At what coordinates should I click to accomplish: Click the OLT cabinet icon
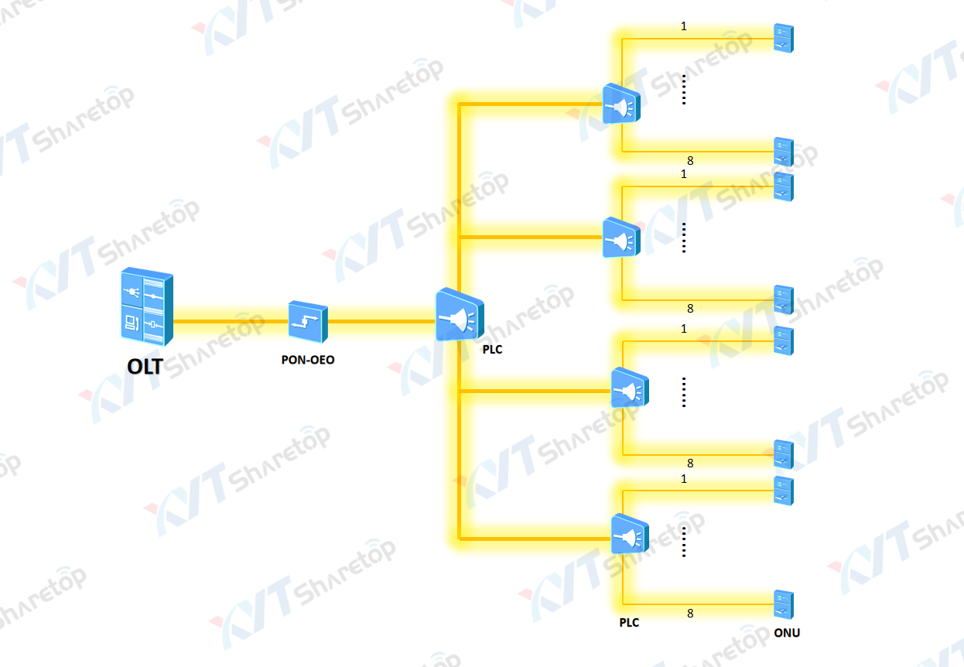coord(146,306)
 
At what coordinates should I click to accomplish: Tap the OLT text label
coord(145,366)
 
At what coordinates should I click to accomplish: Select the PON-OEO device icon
coord(308,320)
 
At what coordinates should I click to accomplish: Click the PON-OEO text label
coord(308,360)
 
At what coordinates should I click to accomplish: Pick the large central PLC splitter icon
coord(459,316)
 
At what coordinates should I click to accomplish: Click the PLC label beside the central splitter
coord(492,350)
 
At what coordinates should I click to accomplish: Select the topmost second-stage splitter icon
coord(621,105)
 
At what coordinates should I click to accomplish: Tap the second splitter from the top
coord(621,238)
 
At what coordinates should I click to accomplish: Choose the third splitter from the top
coord(630,388)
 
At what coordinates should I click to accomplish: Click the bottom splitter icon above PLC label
coord(630,534)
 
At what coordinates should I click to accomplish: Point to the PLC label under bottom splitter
coord(629,622)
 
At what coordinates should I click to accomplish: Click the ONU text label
coord(787,633)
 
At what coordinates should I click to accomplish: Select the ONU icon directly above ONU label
coord(784,604)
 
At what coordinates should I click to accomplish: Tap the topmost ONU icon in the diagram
coord(784,38)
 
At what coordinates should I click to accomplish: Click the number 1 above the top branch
coord(684,26)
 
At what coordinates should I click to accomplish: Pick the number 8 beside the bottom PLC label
coord(690,614)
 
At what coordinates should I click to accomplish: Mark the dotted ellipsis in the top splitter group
coord(684,89)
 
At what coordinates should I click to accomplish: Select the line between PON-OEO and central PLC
coord(381,320)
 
